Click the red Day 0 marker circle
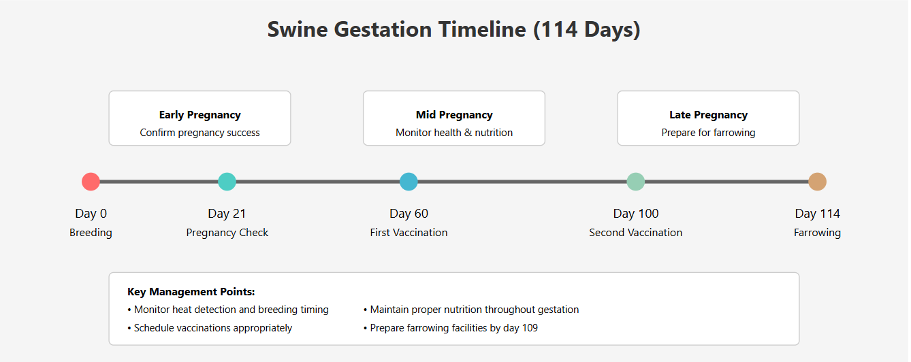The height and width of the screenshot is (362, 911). tap(91, 182)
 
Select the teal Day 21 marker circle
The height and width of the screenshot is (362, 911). tap(227, 182)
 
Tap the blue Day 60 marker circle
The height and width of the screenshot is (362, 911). tap(409, 182)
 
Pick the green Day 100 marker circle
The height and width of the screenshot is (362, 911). tap(635, 182)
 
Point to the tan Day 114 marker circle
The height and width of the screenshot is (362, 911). tap(817, 182)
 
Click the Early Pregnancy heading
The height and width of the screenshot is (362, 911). tap(199, 115)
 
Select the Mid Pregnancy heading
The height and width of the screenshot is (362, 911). tap(454, 115)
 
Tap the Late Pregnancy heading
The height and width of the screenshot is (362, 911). tap(708, 115)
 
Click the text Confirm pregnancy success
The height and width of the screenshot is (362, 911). tap(199, 133)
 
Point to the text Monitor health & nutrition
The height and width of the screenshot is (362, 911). tap(454, 133)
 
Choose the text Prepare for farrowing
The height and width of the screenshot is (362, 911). tap(708, 133)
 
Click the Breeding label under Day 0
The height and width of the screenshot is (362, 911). tap(91, 233)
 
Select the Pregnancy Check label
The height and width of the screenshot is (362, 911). tap(227, 233)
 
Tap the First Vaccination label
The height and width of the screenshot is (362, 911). tap(409, 233)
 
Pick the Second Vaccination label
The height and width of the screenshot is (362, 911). tap(635, 233)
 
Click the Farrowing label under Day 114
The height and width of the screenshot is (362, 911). tap(817, 233)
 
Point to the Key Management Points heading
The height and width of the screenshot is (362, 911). tap(191, 292)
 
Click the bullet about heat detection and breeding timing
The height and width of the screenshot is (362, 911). tap(228, 310)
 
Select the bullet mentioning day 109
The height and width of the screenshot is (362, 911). tap(451, 328)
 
